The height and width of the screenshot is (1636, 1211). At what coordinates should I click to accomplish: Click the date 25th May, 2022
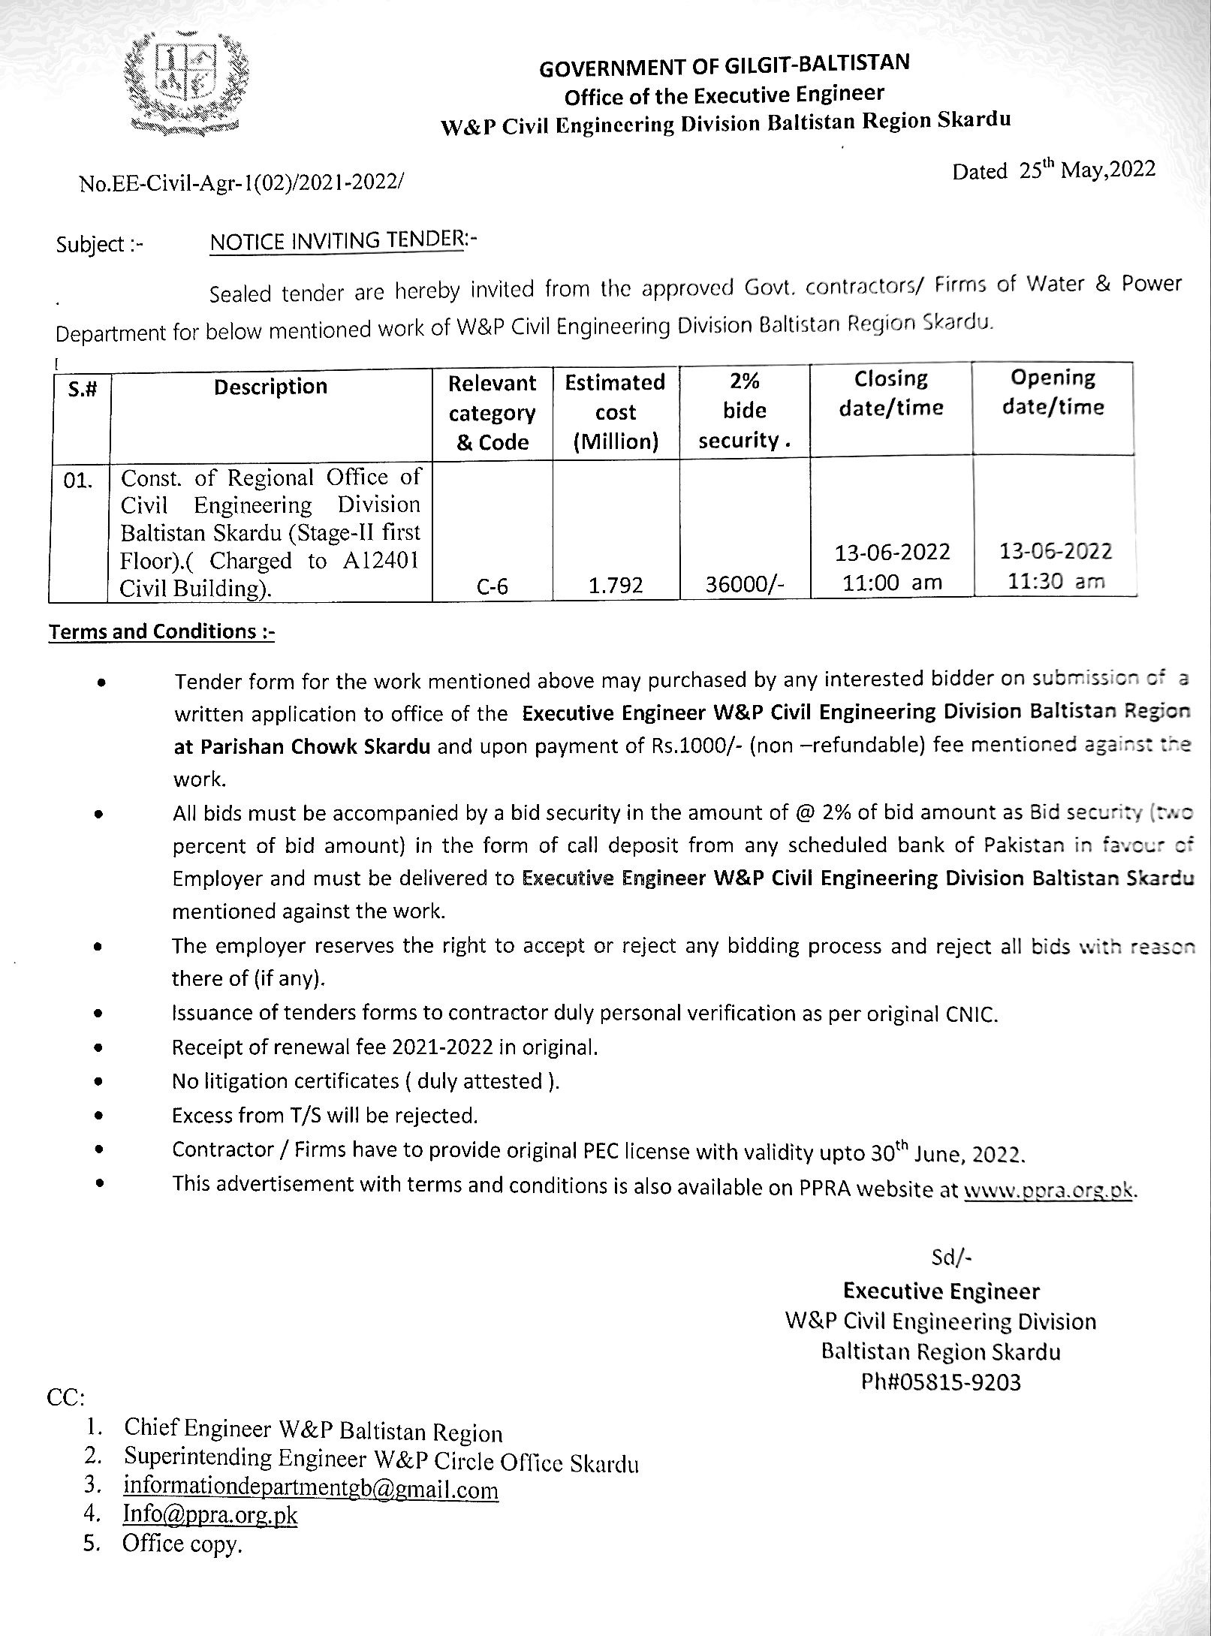[1053, 170]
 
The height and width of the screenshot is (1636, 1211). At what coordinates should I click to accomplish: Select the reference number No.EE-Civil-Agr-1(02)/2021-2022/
[241, 182]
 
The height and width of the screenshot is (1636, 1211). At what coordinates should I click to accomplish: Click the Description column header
[270, 387]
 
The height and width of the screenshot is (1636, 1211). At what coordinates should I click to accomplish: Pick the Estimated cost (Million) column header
[615, 411]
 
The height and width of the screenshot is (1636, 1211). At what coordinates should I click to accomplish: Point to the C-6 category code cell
[492, 586]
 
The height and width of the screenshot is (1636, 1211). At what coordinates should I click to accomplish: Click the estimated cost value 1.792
[615, 586]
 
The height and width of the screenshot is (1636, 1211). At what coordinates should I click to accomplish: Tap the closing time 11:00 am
[892, 583]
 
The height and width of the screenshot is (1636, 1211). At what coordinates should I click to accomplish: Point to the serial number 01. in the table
[78, 481]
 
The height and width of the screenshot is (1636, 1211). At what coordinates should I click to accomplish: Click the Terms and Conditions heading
[161, 631]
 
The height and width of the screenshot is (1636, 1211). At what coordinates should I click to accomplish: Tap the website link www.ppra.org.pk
[1048, 1190]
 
